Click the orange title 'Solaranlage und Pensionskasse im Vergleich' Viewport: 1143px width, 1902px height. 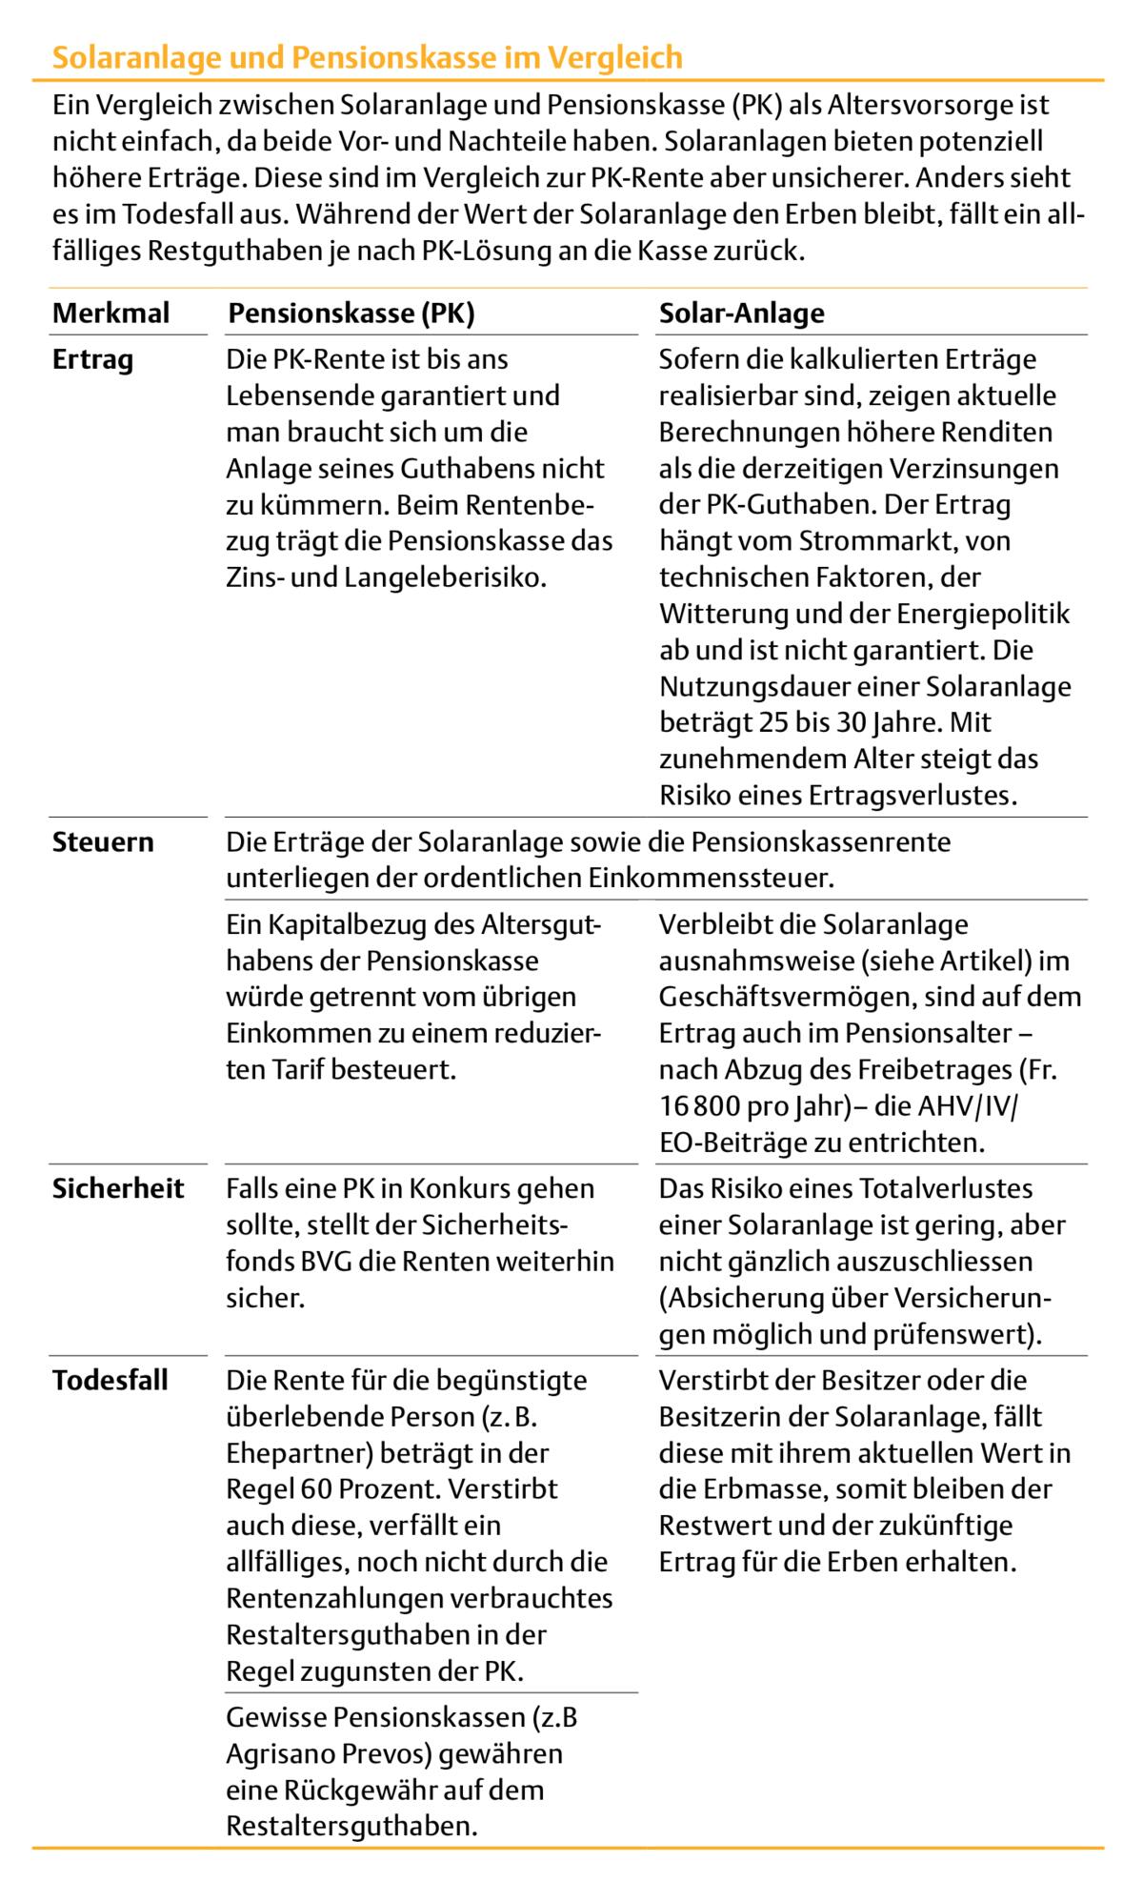367,58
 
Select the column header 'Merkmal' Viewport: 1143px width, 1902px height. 110,313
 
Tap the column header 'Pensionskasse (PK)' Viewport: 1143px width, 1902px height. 351,313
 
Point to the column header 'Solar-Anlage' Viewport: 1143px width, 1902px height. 741,313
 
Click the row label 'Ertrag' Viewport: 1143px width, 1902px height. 92,360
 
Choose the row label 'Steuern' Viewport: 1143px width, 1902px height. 103,842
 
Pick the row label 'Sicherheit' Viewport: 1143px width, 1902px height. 118,1188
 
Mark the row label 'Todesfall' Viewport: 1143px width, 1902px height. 110,1380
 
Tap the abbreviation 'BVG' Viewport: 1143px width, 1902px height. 310,1262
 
